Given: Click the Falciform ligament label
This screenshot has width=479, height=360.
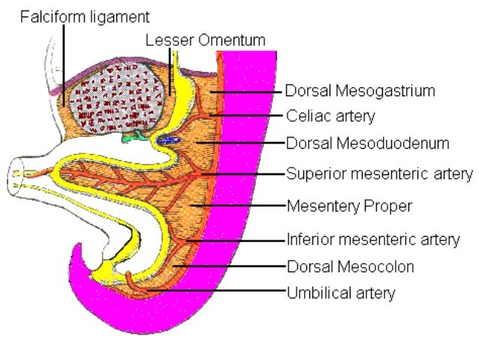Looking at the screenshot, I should [x=84, y=15].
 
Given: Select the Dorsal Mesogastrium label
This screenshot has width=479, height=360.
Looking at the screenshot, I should [x=360, y=91].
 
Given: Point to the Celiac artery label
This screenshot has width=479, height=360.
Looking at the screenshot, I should [x=330, y=116].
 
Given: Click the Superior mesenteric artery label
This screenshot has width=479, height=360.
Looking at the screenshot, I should [x=379, y=174].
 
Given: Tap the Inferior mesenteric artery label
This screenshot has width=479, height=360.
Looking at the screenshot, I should [x=373, y=241].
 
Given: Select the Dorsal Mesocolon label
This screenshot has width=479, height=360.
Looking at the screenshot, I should [x=350, y=266].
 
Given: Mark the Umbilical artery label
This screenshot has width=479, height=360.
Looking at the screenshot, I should [x=341, y=292].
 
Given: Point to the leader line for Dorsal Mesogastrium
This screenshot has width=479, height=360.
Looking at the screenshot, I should [x=248, y=91].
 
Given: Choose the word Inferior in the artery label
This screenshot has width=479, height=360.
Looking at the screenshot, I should [x=308, y=241].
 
